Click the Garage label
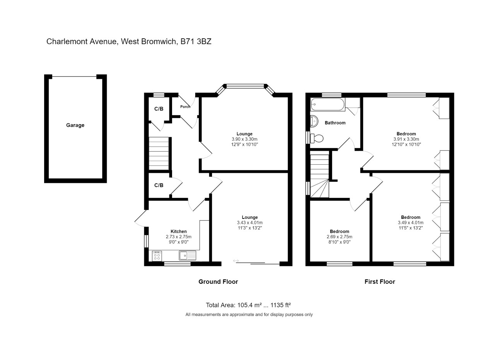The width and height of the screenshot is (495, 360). click(x=75, y=125)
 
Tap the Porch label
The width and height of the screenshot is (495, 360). click(x=185, y=107)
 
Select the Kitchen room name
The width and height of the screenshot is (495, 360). click(x=178, y=232)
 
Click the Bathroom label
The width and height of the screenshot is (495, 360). click(x=335, y=123)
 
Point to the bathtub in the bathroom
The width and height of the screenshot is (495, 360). click(x=328, y=104)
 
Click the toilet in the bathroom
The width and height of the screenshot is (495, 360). click(x=317, y=138)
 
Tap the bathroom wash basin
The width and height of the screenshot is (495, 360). click(x=314, y=121)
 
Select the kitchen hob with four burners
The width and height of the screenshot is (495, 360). click(x=157, y=256)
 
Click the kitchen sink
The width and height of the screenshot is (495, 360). click(x=187, y=255)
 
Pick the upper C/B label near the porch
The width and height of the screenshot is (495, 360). click(x=159, y=109)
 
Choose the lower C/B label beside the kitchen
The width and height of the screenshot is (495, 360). click(x=159, y=185)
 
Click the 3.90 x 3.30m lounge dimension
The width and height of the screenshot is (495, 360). click(x=244, y=139)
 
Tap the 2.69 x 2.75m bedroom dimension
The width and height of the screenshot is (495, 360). click(x=339, y=237)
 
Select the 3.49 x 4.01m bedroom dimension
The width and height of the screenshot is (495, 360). click(x=410, y=223)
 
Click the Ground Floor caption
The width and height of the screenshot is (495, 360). click(x=218, y=282)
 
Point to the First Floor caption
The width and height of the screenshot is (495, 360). click(x=379, y=282)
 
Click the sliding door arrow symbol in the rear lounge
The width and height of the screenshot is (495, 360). click(x=236, y=261)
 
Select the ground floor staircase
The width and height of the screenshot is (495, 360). click(x=159, y=153)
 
